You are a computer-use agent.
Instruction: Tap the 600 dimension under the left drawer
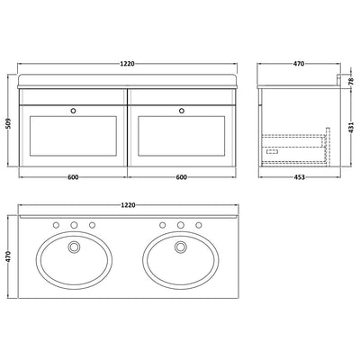tap(75, 176)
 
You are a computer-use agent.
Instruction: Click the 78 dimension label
tap(351, 81)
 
